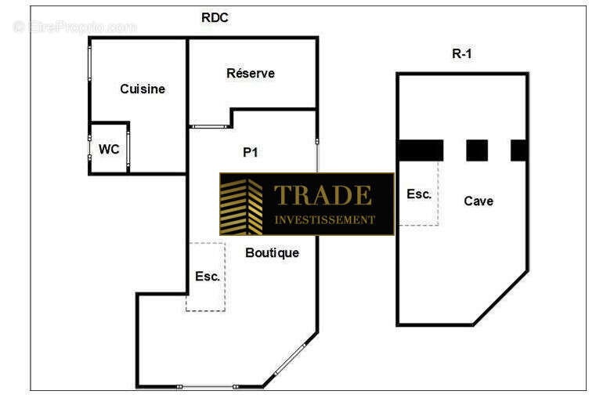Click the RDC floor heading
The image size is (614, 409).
coord(215,17)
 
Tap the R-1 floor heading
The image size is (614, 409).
coord(462,53)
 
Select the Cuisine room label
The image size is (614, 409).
coord(143,89)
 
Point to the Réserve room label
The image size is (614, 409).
coord(251,73)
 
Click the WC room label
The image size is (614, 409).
coord(109,149)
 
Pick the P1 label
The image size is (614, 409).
coord(251,152)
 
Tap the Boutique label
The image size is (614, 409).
coord(273,253)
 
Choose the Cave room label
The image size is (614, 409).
coord(479,201)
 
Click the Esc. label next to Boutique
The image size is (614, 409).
coord(208,276)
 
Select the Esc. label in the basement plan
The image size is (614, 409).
coord(419,194)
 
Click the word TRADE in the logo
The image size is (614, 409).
coord(323,195)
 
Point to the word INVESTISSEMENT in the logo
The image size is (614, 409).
coord(324,219)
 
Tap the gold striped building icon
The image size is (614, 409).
coord(241,207)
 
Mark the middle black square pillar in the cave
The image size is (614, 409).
coord(477,150)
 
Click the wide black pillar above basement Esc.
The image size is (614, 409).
coord(421,150)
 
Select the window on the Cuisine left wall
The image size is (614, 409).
coord(89,63)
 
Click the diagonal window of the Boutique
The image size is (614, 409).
coord(290,359)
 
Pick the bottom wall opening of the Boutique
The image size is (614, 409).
coord(207,387)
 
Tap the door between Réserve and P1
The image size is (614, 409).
coord(210,127)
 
